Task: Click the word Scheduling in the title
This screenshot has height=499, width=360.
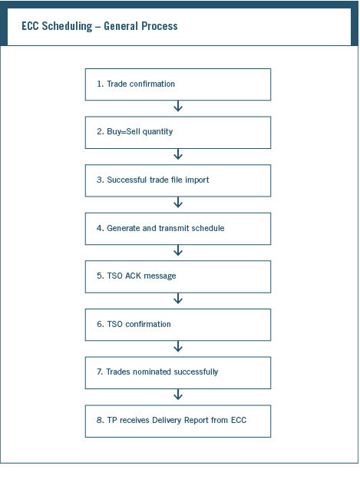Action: [67, 26]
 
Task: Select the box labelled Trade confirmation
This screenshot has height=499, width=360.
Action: [178, 84]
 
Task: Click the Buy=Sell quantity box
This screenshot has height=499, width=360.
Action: [178, 132]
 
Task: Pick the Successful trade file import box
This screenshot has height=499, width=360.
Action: [178, 180]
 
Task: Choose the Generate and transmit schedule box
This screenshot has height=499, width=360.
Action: [178, 229]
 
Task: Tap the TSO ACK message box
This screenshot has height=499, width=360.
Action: [178, 276]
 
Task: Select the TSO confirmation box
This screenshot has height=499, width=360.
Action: [178, 325]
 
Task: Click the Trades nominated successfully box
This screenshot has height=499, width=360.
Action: [178, 372]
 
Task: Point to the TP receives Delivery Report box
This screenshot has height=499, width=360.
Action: [178, 421]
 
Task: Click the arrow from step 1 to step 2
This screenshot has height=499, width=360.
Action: [178, 106]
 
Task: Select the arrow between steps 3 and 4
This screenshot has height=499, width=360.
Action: [178, 202]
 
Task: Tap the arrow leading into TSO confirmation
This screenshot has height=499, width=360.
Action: [178, 298]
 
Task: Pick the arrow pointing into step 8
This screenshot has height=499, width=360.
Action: [178, 395]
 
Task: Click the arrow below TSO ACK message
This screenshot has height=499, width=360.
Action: [178, 298]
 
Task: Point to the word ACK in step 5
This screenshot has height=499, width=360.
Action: [133, 276]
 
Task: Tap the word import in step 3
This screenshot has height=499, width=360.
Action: [197, 180]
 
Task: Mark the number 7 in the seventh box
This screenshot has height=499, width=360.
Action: [99, 372]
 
